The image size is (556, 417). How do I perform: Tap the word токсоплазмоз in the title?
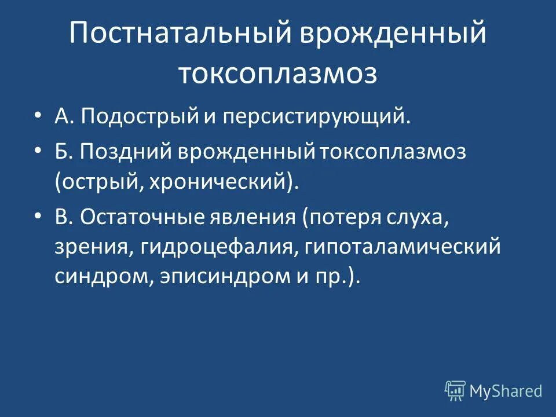pyautogui.click(x=277, y=74)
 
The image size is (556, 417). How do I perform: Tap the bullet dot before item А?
pyautogui.click(x=38, y=116)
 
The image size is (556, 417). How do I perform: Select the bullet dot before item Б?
pyautogui.click(x=38, y=151)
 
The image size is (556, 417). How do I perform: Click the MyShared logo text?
pyautogui.click(x=506, y=391)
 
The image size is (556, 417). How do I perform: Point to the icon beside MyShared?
pyautogui.click(x=455, y=390)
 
